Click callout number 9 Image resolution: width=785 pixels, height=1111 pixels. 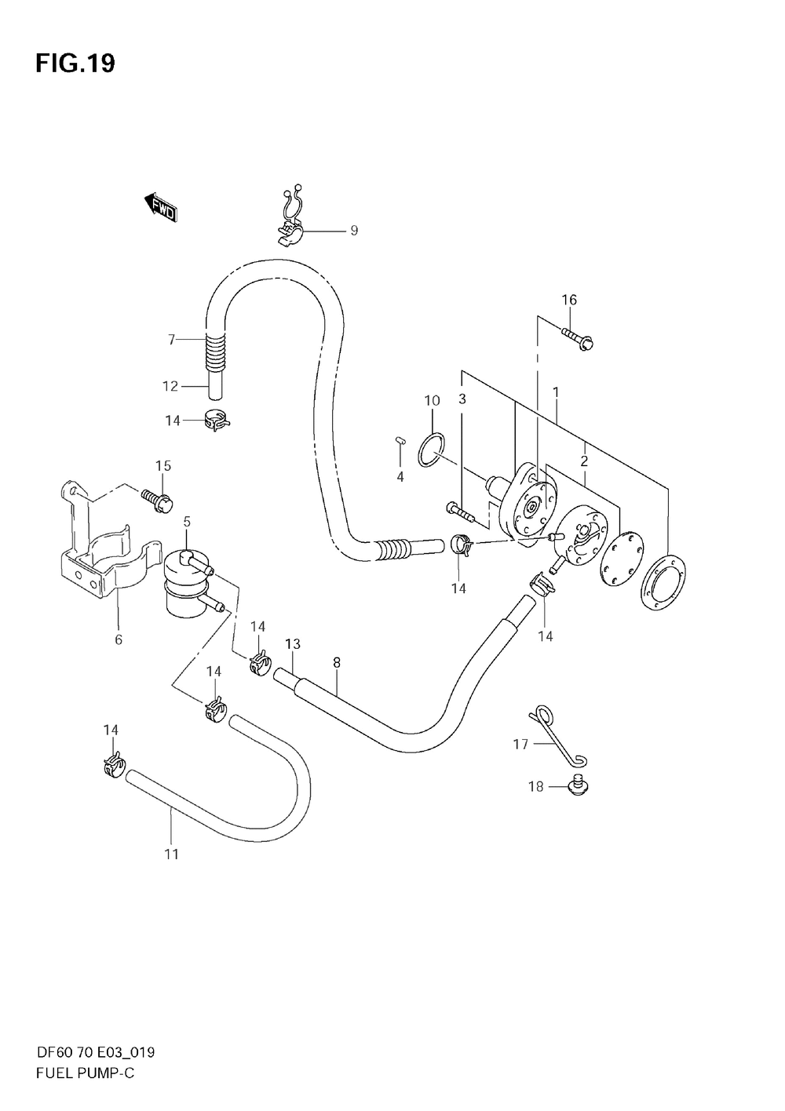354,231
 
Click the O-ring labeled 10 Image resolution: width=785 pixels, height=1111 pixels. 430,449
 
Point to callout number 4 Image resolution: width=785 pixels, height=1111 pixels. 400,477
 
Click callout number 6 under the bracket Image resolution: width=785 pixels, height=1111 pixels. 119,639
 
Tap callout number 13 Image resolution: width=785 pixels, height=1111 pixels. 293,644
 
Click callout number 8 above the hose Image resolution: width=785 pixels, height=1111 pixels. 336,662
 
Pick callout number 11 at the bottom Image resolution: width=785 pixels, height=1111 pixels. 172,854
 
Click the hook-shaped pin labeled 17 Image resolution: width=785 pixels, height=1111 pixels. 559,734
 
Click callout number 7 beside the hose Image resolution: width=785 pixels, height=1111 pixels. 171,339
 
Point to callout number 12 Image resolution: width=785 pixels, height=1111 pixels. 171,386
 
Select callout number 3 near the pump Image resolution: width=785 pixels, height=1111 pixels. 462,399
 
